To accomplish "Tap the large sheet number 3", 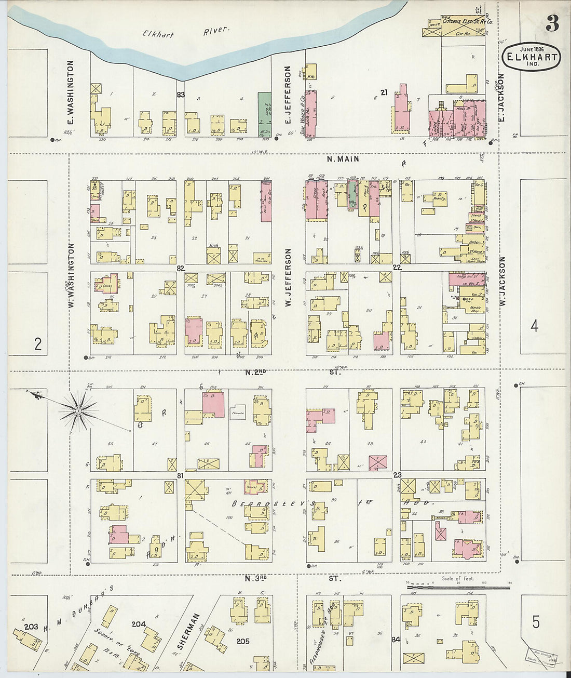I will (552, 23).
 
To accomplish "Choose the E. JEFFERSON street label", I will (287, 95).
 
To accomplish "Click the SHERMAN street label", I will (188, 632).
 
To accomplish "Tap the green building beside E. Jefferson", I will (264, 114).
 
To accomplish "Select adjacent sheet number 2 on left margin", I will (37, 344).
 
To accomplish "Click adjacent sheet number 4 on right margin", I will (534, 326).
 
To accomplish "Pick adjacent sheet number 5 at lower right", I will (536, 621).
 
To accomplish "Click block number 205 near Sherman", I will (243, 641).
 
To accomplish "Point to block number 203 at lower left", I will (31, 627).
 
